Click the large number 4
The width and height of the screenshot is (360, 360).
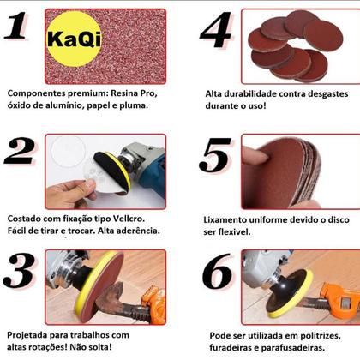point(216,31)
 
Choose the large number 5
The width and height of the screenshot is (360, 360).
point(216,154)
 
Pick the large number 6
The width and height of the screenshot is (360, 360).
point(216,273)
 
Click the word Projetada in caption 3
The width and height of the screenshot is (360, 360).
point(31,334)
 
